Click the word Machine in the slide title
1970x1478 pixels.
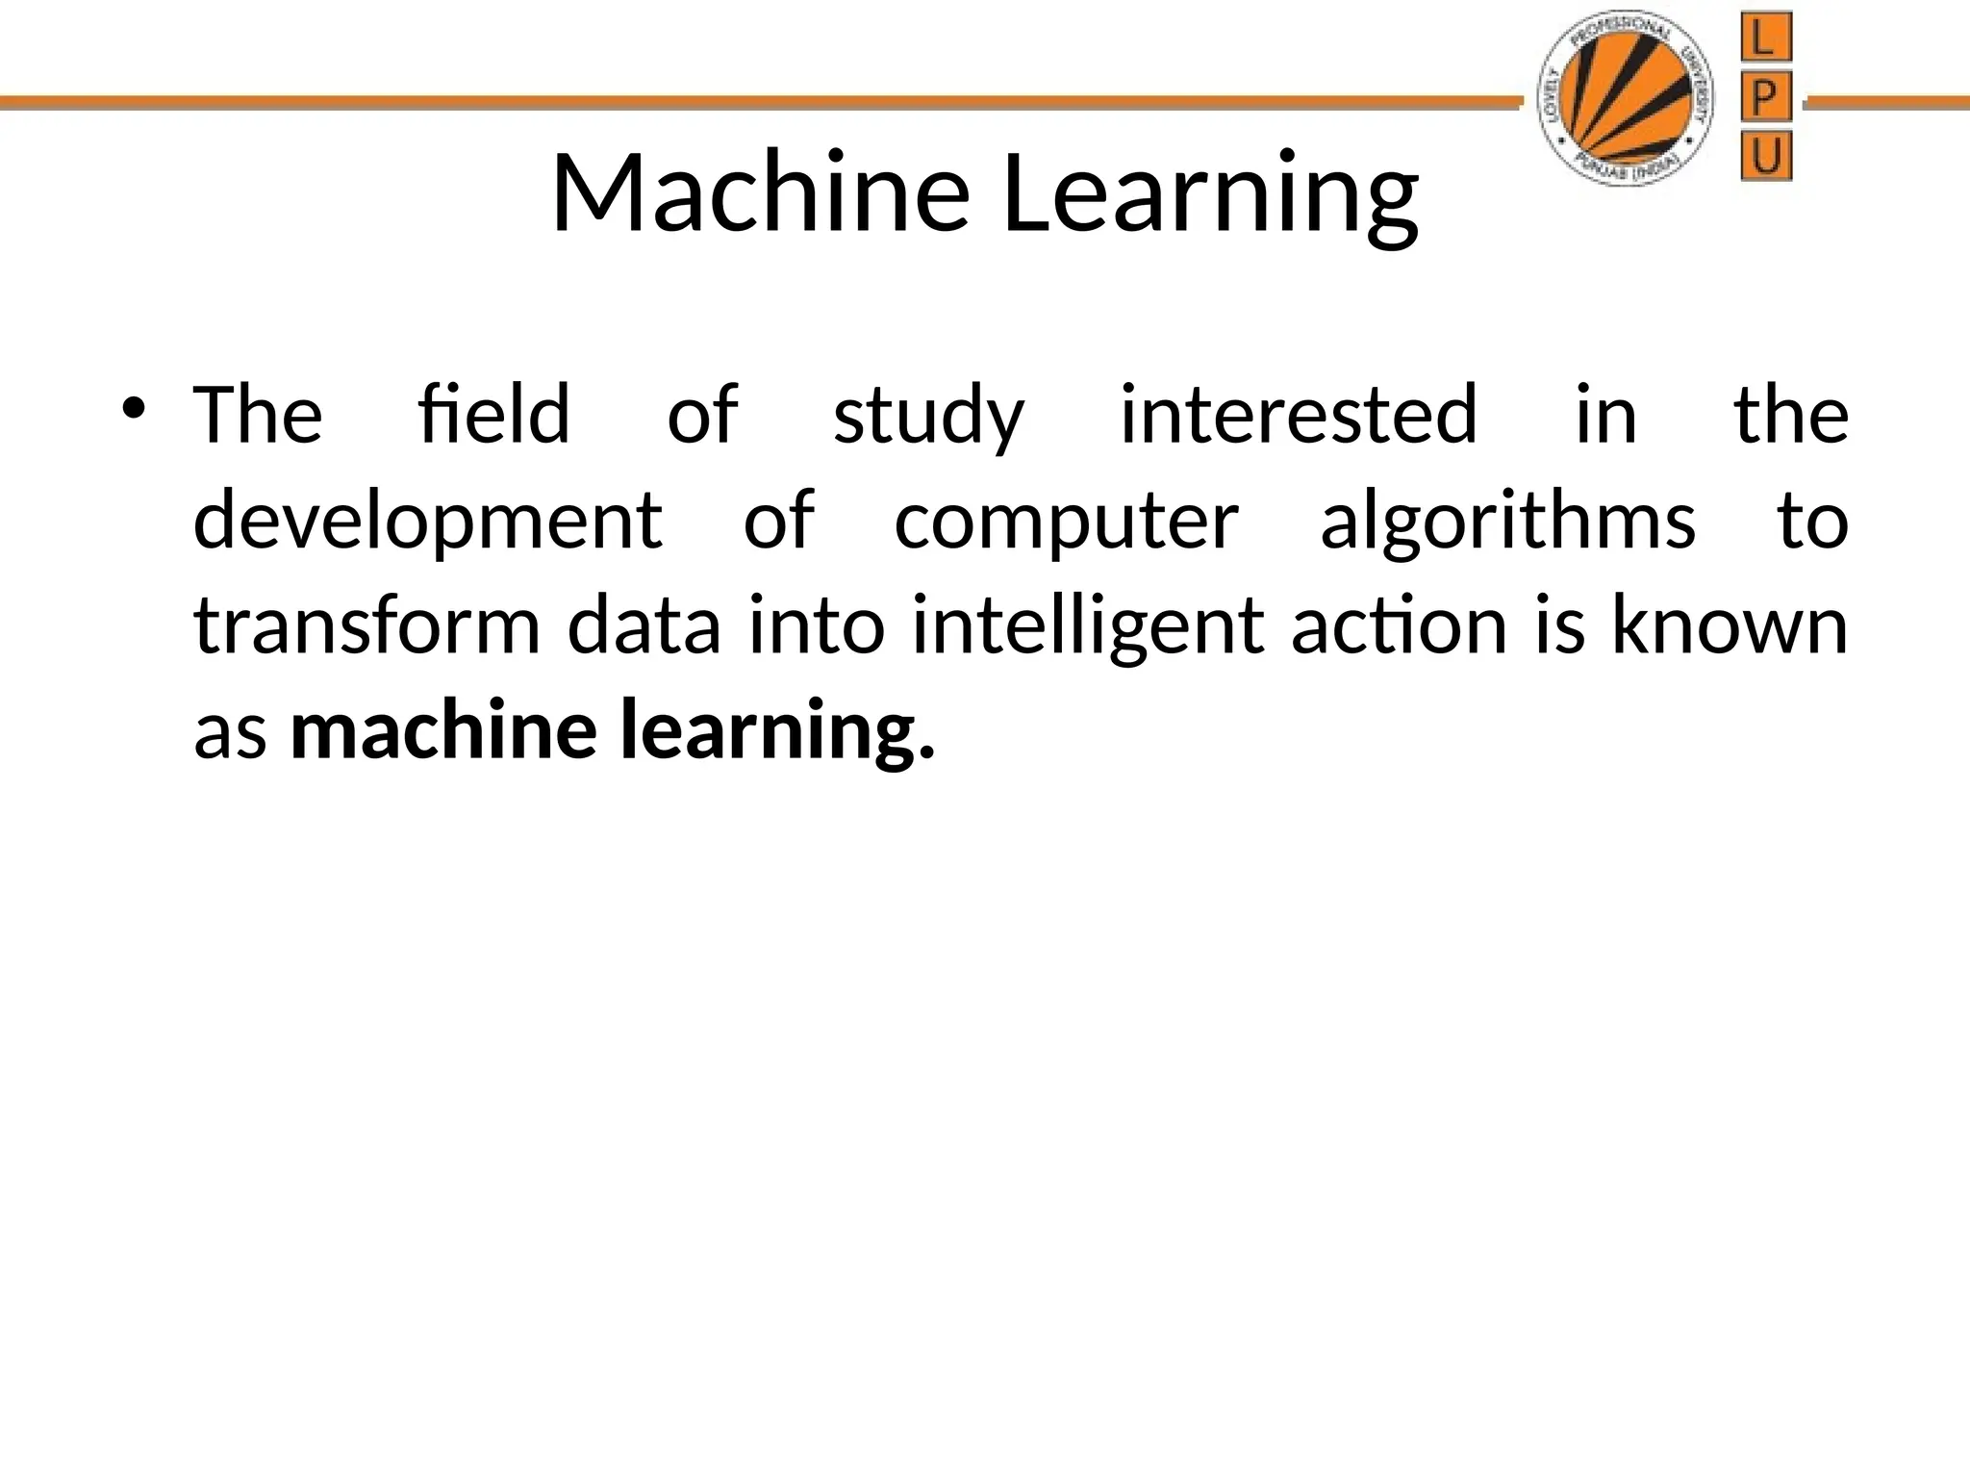759,193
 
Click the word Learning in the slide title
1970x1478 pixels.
1209,193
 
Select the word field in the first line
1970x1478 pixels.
494,415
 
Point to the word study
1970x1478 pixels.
928,417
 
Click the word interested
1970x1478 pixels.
1299,415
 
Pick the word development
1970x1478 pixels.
427,521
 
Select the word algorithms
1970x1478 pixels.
1507,521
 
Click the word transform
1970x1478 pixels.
367,626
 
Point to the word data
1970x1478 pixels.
644,626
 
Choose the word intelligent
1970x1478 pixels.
1087,626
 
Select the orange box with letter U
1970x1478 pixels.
1766,157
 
